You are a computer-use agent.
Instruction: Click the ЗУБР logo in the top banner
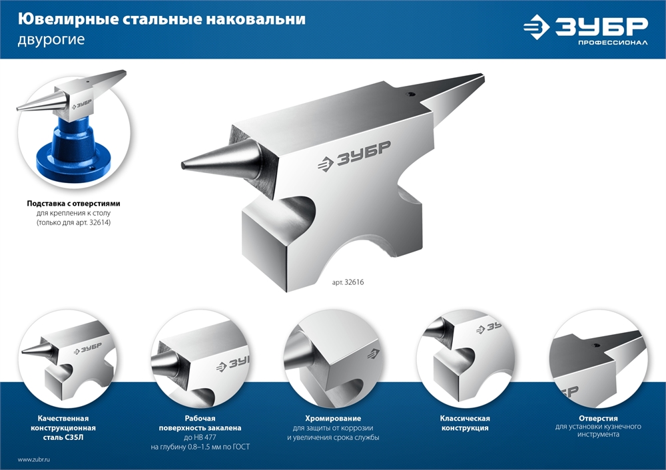[584, 27]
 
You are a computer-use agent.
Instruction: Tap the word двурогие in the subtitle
[51, 39]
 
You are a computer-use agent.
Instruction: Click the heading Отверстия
[598, 418]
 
